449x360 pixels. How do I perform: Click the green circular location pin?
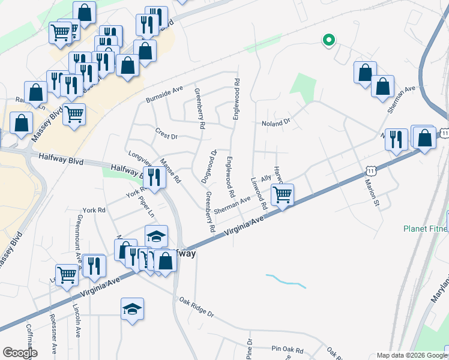click(x=328, y=40)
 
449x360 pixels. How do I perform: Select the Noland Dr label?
click(x=276, y=123)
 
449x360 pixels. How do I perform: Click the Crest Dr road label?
click(x=166, y=136)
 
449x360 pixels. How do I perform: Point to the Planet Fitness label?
click(x=425, y=229)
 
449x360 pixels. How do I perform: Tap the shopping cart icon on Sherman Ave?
click(x=282, y=195)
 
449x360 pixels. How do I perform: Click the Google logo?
click(x=20, y=352)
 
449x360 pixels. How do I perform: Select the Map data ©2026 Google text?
click(x=411, y=355)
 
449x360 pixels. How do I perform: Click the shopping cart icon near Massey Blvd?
click(x=74, y=114)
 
